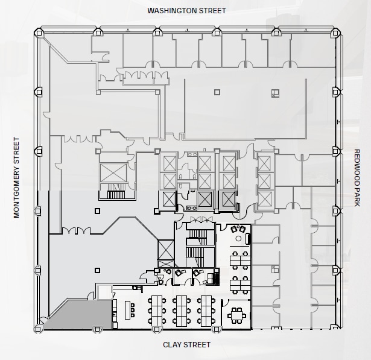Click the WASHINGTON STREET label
(x=186, y=10)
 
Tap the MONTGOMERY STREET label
(x=17, y=177)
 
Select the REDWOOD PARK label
(x=357, y=177)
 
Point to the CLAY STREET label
(x=187, y=345)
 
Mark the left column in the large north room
(x=217, y=92)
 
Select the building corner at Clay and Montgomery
(x=39, y=327)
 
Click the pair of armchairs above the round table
(x=239, y=229)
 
